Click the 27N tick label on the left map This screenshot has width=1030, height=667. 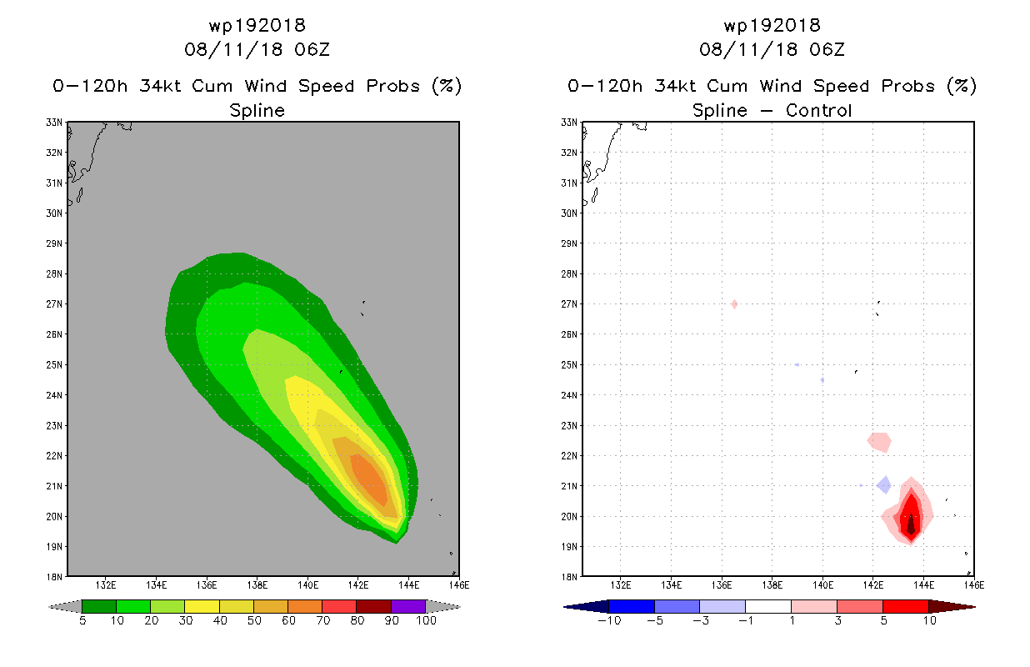click(54, 304)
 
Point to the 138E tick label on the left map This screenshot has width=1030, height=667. click(257, 585)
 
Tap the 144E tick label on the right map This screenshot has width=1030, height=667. click(924, 585)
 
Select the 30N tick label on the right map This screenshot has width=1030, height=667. click(569, 213)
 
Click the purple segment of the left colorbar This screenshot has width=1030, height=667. click(408, 606)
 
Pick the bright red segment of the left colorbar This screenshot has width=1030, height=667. click(339, 606)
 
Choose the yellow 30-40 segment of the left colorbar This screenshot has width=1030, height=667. click(202, 606)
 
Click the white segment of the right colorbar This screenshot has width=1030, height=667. click(768, 606)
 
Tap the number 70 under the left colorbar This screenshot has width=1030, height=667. click(322, 620)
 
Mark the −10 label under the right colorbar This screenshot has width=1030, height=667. click(609, 620)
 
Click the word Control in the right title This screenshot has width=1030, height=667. click(818, 110)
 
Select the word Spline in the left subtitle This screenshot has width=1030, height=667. click(257, 111)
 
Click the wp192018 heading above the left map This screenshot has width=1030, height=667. click(257, 26)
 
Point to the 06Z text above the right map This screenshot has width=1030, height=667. click(827, 50)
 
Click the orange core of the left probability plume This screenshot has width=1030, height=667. click(369, 479)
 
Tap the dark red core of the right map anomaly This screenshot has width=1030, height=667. click(911, 524)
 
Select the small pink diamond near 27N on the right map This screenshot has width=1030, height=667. click(734, 304)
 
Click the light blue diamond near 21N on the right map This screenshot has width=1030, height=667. click(884, 485)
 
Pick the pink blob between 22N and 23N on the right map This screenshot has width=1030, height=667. click(879, 442)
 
